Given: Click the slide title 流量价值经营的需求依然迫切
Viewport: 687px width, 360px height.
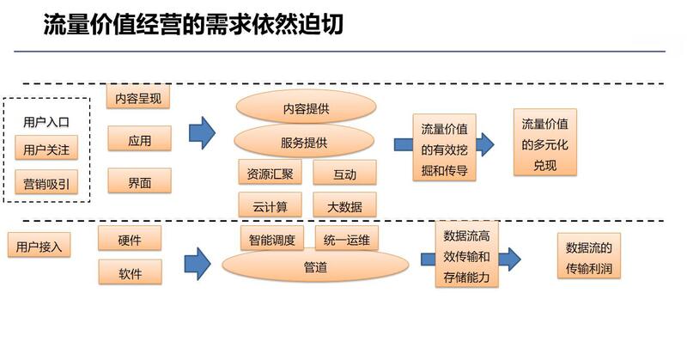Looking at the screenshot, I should tap(193, 25).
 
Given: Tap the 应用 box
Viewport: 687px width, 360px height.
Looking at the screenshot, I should tap(139, 139).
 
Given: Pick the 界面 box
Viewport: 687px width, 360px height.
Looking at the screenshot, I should tap(139, 180).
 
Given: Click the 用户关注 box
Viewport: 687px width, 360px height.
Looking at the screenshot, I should tap(46, 149).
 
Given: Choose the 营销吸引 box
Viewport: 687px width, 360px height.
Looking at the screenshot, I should tap(46, 183).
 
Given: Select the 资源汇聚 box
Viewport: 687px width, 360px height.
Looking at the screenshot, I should tap(269, 174).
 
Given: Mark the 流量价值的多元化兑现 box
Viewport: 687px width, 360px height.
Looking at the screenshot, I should tap(544, 143).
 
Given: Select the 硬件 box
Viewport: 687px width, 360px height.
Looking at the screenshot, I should tap(130, 241).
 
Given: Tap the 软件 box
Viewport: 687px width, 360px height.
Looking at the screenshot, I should tap(130, 274).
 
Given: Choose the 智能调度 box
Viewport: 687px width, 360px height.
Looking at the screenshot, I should tap(272, 240).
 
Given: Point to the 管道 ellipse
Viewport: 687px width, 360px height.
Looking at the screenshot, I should tap(315, 267).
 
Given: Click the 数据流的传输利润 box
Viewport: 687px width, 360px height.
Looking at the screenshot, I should tap(588, 258).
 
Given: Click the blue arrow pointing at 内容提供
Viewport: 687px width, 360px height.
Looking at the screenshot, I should tap(202, 133).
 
